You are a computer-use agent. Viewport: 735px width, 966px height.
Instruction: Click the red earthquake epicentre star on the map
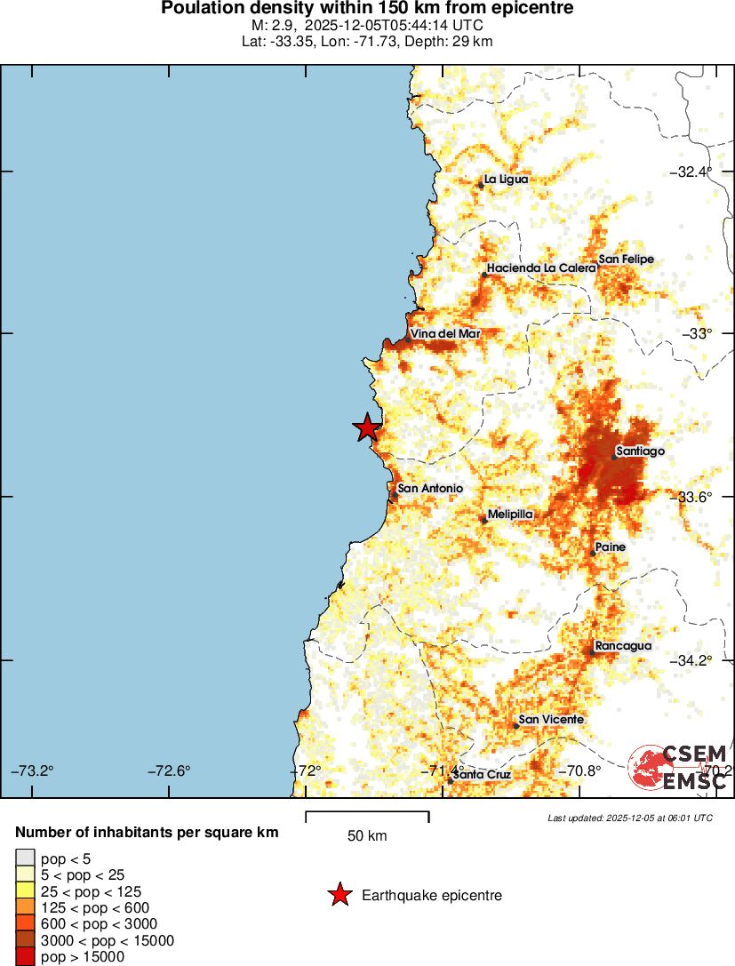click(367, 427)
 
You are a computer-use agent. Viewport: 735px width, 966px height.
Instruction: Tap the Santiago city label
click(640, 451)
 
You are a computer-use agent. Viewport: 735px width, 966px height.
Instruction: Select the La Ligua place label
click(506, 179)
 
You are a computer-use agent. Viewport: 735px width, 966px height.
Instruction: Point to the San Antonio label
click(430, 488)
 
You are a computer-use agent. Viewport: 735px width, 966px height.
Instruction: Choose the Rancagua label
click(623, 646)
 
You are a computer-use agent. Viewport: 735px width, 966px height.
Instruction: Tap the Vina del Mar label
click(445, 333)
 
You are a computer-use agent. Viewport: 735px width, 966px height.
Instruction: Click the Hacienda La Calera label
click(540, 267)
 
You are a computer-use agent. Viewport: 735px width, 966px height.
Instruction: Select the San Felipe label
click(626, 259)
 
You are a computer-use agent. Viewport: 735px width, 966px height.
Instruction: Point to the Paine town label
click(611, 547)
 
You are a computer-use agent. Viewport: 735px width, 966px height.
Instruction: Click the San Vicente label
click(551, 719)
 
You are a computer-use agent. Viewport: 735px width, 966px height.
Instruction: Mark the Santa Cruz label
click(482, 775)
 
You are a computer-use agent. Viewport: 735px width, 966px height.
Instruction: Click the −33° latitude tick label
click(701, 333)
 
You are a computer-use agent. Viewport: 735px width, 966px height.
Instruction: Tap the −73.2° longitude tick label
click(33, 770)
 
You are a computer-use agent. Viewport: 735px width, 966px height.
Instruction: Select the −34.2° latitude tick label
click(694, 660)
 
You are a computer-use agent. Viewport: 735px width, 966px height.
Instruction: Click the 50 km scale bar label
click(366, 836)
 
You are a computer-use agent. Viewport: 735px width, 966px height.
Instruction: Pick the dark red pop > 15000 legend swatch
click(26, 957)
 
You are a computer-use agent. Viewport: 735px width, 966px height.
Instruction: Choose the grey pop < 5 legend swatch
click(26, 858)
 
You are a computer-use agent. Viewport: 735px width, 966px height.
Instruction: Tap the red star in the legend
click(340, 895)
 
